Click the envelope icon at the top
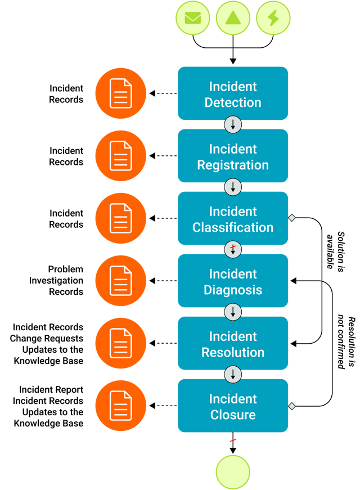[x=192, y=17]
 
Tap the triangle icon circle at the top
[x=233, y=17]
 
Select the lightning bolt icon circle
[x=273, y=17]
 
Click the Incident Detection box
[x=233, y=94]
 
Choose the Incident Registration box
[x=233, y=156]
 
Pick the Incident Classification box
[x=233, y=219]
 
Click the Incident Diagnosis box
[x=233, y=281]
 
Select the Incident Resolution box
[x=233, y=344]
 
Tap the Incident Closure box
[x=233, y=406]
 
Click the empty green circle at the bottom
[x=233, y=471]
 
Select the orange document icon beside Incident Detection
[x=120, y=93]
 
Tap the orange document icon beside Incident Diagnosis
[x=120, y=281]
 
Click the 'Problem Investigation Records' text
[x=56, y=280]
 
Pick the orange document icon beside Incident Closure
[x=120, y=406]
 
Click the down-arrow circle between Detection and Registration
[x=233, y=125]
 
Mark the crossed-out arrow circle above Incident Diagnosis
[x=233, y=250]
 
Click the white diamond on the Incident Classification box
[x=291, y=218]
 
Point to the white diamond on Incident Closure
[x=291, y=406]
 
